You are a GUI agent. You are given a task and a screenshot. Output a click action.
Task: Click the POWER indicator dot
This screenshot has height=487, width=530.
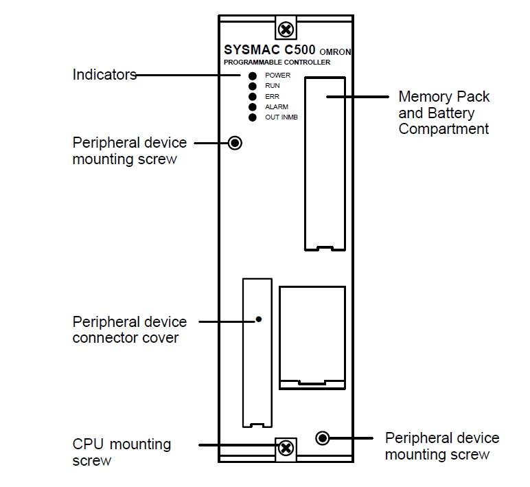[x=253, y=75]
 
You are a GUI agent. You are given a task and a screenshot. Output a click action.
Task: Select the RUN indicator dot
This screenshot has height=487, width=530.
[x=253, y=86]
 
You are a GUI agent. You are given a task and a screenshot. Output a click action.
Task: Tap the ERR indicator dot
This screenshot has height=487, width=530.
[x=253, y=96]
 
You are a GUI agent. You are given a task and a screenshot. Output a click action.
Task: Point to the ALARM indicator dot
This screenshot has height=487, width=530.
[x=253, y=107]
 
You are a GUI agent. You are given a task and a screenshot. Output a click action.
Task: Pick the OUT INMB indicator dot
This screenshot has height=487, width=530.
[x=253, y=117]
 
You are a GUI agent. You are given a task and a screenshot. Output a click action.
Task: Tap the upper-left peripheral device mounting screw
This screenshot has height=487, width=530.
[x=235, y=143]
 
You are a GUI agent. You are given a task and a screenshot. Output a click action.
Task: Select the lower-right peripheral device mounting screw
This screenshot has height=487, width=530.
[x=321, y=438]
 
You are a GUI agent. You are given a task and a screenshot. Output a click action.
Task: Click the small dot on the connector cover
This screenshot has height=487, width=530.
[x=258, y=319]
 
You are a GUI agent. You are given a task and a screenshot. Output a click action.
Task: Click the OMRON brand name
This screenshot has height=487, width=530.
[x=336, y=52]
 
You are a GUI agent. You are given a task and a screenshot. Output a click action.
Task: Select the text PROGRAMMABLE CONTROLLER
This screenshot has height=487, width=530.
[x=277, y=63]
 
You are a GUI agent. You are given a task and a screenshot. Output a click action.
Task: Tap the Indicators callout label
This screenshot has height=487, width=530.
[x=104, y=75]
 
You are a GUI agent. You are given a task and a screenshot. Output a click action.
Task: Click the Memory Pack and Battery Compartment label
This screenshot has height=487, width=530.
[x=444, y=113]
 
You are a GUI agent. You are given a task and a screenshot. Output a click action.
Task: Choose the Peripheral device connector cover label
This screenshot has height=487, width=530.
[x=129, y=330]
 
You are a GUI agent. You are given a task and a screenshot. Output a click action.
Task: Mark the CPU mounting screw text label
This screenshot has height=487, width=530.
[x=121, y=452]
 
